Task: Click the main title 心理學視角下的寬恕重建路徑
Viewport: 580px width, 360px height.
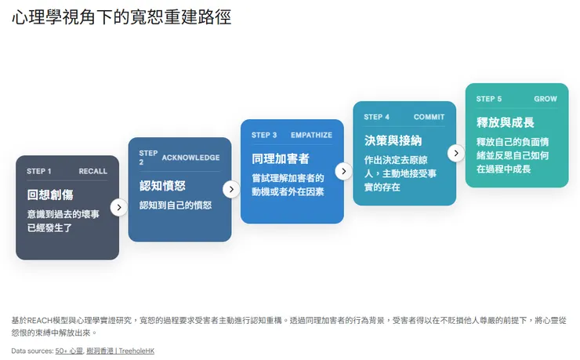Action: [x=121, y=17]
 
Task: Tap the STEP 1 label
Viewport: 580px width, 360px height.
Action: [x=39, y=171]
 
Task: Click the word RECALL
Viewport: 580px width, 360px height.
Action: [x=93, y=171]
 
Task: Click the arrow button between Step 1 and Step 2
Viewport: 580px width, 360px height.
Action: [x=118, y=207]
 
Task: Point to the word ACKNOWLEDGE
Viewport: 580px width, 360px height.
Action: [x=190, y=158]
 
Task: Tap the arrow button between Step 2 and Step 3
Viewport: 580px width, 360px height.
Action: [x=231, y=189]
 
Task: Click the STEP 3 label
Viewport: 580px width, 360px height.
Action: [x=264, y=135]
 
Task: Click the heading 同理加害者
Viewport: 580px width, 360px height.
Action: [x=281, y=158]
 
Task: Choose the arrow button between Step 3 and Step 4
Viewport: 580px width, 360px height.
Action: [x=343, y=171]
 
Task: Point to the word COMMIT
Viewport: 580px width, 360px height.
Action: [x=429, y=117]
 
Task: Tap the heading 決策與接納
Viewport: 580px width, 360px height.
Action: [x=393, y=140]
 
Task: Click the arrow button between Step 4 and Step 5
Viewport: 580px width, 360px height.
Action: [x=456, y=153]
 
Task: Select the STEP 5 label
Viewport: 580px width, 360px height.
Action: [x=489, y=99]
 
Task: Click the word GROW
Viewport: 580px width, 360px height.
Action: [x=546, y=99]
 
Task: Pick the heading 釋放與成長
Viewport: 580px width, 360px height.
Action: [x=506, y=122]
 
